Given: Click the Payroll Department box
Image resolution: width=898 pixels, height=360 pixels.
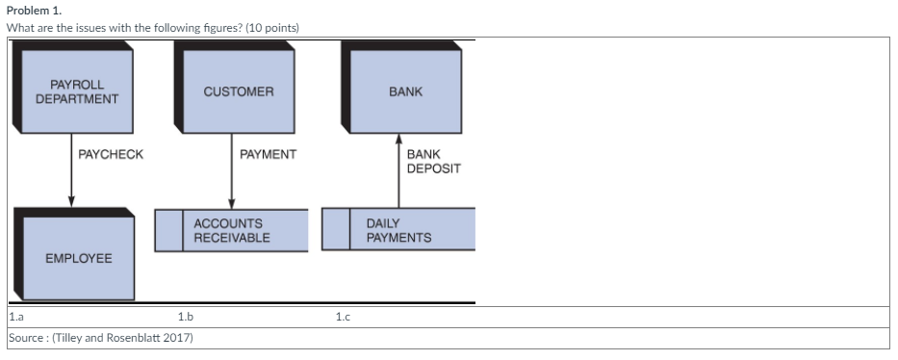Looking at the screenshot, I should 77,91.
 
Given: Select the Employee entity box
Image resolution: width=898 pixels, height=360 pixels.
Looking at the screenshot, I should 79,258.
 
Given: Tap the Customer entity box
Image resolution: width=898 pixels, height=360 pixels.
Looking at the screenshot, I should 239,91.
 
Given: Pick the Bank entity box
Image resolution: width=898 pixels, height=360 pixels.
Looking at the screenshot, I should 405,91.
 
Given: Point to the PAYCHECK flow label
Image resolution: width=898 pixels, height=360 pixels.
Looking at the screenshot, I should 111,154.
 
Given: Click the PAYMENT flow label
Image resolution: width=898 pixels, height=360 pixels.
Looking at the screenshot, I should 269,154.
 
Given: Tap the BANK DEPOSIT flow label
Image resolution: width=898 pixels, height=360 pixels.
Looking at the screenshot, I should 433,161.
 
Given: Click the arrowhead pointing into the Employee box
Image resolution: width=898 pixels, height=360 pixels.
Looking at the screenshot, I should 71,200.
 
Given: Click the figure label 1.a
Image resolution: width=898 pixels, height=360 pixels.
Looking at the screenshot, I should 16,316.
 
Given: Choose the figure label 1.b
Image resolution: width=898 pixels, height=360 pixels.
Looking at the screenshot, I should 186,316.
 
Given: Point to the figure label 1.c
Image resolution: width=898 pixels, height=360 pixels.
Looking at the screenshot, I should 342,316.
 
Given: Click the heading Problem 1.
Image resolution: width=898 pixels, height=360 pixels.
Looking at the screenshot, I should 33,9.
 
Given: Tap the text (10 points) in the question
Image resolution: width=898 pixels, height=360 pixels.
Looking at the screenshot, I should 272,27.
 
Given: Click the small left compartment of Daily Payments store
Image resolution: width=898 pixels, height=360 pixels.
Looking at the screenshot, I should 336,230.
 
